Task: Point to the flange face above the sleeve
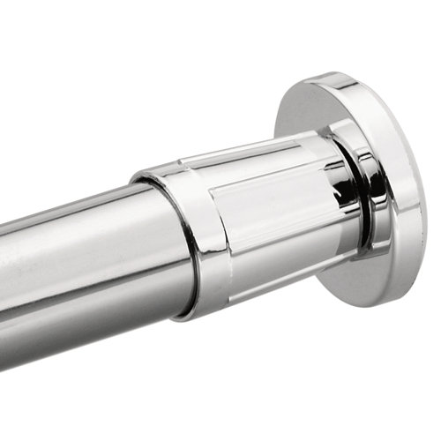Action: pyautogui.click(x=318, y=110)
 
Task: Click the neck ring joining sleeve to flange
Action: pyautogui.click(x=353, y=190)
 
